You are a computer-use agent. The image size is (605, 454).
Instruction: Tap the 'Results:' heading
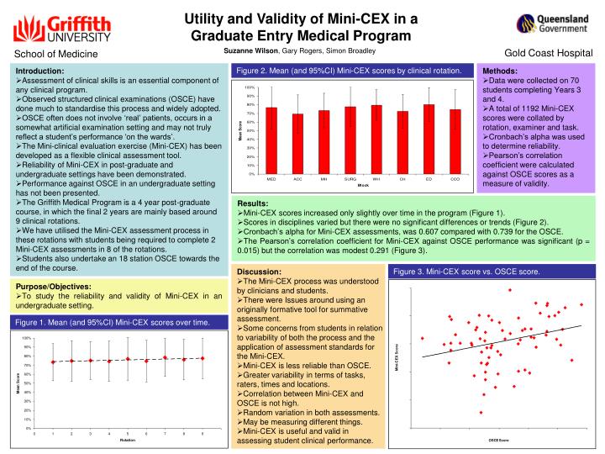tap(253, 204)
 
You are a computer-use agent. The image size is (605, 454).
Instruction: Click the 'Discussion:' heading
tap(258, 272)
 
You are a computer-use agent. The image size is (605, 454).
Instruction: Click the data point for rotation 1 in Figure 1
tap(53, 362)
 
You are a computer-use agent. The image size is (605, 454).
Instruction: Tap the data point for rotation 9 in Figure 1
tap(203, 358)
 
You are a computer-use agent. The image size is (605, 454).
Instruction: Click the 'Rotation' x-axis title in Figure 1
tap(128, 440)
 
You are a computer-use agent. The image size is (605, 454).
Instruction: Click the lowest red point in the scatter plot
tap(481, 413)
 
